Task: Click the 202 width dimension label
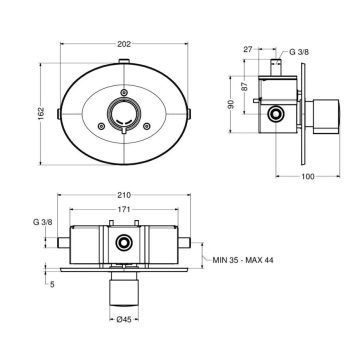point(124,44)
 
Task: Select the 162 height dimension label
point(40,114)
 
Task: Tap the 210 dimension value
point(124,195)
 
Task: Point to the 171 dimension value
point(124,209)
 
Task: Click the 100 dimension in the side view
point(308,176)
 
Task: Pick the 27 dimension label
point(248,49)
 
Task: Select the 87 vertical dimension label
point(245,87)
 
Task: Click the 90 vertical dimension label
point(231,104)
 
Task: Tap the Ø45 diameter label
point(124,319)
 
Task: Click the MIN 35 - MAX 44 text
point(243,260)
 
